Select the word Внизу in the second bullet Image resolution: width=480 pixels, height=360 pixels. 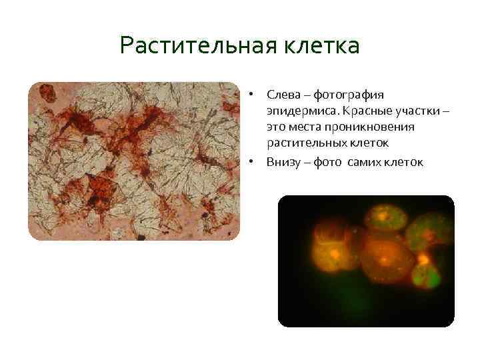click(283, 161)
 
